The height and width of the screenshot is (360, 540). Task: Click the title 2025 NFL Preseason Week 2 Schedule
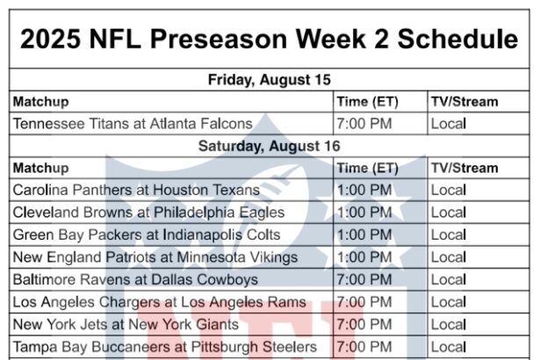(x=269, y=39)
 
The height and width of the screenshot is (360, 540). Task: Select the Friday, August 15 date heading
(x=270, y=80)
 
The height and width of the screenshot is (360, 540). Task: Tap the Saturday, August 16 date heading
(x=270, y=146)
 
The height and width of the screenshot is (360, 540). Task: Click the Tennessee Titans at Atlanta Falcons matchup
(x=133, y=124)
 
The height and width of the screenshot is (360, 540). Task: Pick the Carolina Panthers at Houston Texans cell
(x=136, y=191)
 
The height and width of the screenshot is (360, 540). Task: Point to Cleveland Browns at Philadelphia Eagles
(x=148, y=212)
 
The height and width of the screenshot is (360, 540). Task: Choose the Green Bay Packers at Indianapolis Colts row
(x=147, y=235)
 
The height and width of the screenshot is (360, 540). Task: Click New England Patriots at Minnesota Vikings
(x=155, y=257)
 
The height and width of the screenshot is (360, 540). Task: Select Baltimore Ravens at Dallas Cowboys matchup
(x=135, y=280)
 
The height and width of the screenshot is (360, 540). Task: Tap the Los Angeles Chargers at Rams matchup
(x=160, y=302)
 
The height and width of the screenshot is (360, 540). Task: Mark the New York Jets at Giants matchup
(x=126, y=325)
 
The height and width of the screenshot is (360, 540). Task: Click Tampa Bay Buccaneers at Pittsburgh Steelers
(x=165, y=347)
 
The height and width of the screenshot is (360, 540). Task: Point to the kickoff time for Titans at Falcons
(x=364, y=124)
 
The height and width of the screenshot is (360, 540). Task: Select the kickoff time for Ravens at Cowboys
(x=364, y=280)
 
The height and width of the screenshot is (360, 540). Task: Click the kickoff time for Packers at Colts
(x=364, y=235)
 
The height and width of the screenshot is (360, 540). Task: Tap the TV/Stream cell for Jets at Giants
(x=449, y=325)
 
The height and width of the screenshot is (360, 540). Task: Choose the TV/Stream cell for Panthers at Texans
(x=449, y=191)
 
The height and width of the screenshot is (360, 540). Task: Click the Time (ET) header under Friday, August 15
(x=367, y=102)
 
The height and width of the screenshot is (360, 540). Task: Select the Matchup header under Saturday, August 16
(x=41, y=169)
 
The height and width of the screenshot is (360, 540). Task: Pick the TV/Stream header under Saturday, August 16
(x=464, y=168)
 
